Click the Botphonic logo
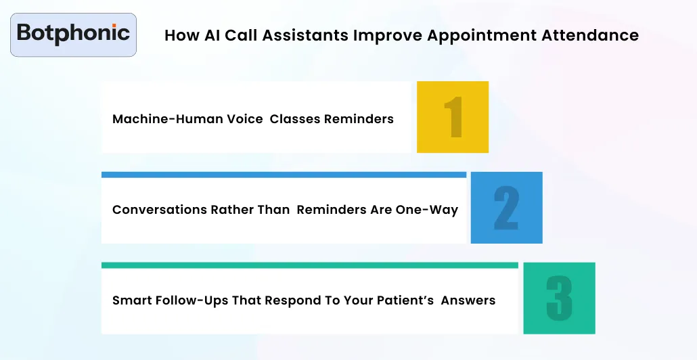click(x=73, y=33)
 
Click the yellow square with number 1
click(x=453, y=117)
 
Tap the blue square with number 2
click(x=506, y=208)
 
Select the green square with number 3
click(x=559, y=298)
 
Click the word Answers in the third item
click(x=468, y=300)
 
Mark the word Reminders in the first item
click(x=359, y=119)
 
